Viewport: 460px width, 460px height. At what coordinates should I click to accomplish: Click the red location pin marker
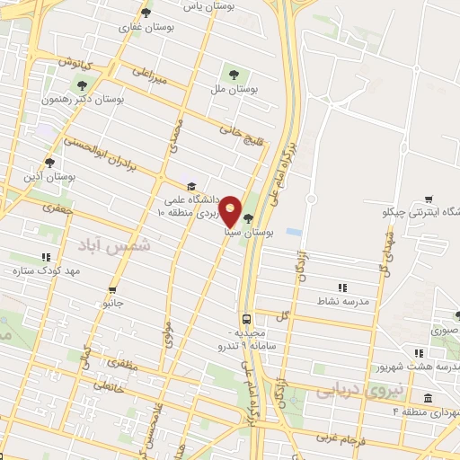click(x=231, y=211)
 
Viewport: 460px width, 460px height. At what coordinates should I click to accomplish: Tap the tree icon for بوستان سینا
click(x=248, y=217)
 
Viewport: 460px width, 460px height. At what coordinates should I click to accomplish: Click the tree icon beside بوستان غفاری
click(x=146, y=12)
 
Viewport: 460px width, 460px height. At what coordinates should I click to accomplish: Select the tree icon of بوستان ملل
click(x=234, y=75)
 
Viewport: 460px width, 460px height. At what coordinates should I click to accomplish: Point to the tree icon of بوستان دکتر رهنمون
click(x=82, y=85)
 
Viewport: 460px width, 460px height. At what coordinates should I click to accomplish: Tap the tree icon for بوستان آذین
click(x=49, y=163)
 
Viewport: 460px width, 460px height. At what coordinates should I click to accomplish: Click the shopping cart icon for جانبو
click(x=112, y=289)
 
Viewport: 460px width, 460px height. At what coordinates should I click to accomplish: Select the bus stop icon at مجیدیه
click(x=245, y=319)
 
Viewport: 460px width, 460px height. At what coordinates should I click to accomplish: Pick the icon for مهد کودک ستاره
click(x=46, y=257)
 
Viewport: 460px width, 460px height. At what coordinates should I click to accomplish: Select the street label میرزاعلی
click(x=150, y=74)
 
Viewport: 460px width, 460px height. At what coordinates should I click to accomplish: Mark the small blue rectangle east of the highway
click(x=293, y=232)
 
